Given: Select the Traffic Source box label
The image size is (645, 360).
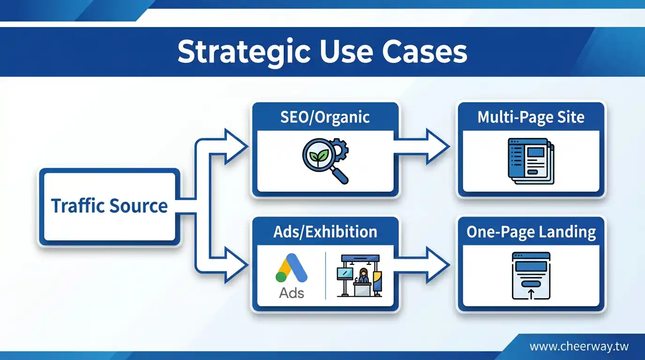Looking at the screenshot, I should (x=109, y=206).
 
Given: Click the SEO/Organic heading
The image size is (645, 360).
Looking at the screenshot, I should (x=325, y=117).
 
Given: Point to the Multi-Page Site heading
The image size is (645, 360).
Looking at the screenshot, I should (x=531, y=117).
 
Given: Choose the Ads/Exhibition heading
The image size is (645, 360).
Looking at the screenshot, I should (x=325, y=232).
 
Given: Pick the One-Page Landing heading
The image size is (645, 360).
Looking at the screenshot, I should (x=531, y=232).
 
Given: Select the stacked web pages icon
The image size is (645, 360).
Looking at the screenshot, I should (x=531, y=161).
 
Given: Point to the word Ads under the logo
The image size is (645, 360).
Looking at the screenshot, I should (x=292, y=293).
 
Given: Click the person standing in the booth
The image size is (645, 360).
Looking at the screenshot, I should (x=363, y=276).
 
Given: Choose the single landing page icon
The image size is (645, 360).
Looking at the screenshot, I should (x=531, y=276).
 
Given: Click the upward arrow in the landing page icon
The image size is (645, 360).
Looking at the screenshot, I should (x=531, y=294).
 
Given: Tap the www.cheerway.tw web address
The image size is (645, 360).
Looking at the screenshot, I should (x=579, y=347).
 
